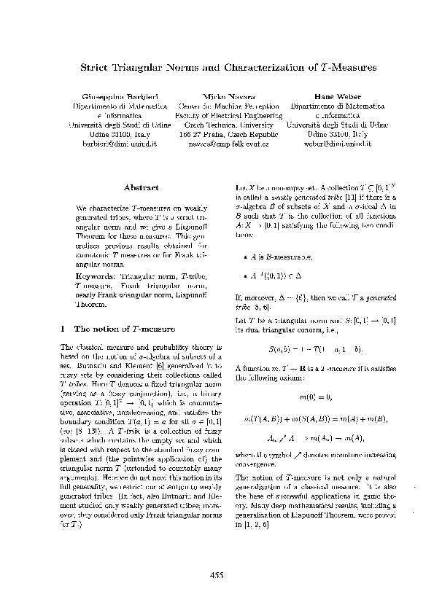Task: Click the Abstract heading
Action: [x=142, y=187]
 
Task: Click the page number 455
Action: [x=217, y=575]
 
